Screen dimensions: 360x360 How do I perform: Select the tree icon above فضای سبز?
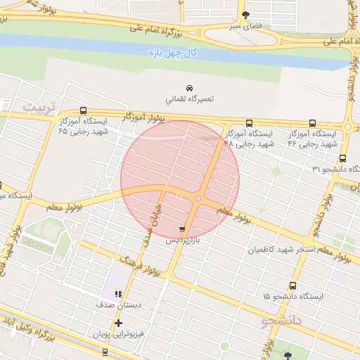click(x=245, y=15)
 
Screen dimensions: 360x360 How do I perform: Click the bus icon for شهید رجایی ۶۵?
click(x=84, y=110)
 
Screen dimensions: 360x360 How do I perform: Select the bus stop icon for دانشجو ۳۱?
click(x=342, y=158)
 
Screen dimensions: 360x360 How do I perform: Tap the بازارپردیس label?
click(x=184, y=240)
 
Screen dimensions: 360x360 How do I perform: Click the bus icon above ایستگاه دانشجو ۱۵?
click(x=292, y=285)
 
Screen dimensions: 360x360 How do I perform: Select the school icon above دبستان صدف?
click(x=118, y=294)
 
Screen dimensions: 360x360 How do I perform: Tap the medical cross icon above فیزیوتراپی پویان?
click(x=118, y=323)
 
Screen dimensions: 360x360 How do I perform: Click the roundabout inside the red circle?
click(x=198, y=199)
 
